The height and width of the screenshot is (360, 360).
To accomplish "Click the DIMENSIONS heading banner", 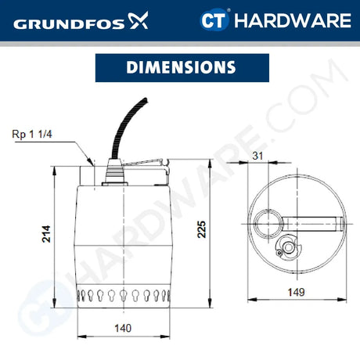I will coord(179,67).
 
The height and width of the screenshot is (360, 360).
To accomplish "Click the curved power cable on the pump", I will coord(118,132).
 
